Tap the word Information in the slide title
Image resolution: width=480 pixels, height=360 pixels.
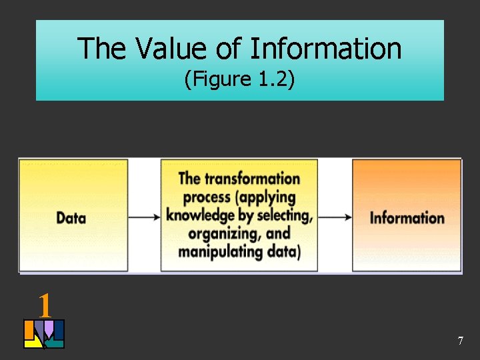click(327, 49)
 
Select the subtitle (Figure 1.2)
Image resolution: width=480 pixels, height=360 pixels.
click(239, 80)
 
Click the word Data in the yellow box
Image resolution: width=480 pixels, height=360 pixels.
click(71, 217)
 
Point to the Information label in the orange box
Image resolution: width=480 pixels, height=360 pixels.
click(407, 217)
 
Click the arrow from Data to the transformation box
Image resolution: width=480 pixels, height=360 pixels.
click(144, 217)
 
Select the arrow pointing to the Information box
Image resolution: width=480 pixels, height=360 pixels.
click(335, 217)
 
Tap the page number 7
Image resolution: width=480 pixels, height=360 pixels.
click(460, 341)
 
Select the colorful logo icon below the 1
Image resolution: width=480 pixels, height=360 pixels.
click(44, 334)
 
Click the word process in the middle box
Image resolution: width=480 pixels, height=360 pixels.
click(207, 197)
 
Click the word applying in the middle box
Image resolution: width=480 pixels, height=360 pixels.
click(267, 197)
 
